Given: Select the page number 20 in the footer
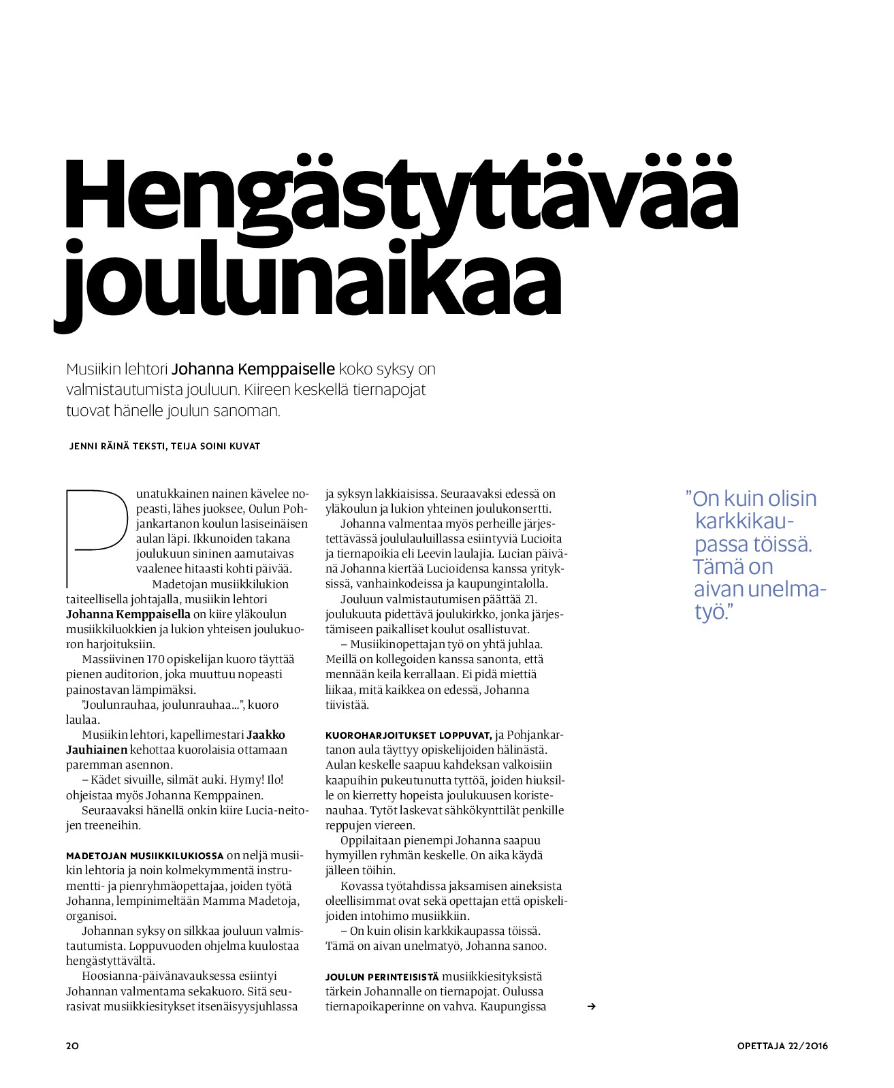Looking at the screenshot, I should (x=72, y=1046).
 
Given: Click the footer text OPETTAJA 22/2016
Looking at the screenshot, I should (x=782, y=1046).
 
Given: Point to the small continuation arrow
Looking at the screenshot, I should (x=591, y=1006).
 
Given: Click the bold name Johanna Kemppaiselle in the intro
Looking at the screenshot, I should (x=253, y=369).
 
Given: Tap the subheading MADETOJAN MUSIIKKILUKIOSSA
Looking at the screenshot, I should (x=144, y=856).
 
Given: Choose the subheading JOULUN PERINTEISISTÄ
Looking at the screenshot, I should (x=382, y=977).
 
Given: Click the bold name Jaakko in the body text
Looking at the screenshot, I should (x=266, y=735).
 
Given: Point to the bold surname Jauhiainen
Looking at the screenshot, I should (x=97, y=750).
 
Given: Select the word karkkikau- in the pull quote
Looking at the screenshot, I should (x=744, y=522).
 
